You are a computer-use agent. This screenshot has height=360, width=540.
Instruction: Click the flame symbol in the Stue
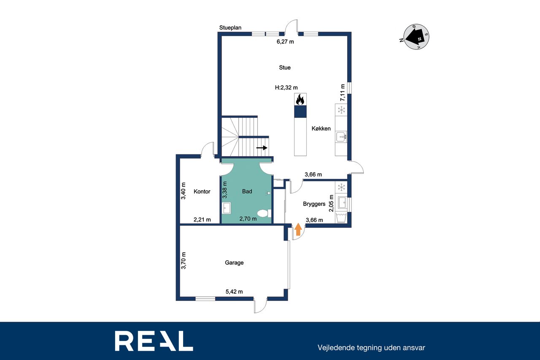click(x=300, y=100)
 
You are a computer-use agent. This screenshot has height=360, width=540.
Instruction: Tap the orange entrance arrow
click(x=298, y=229)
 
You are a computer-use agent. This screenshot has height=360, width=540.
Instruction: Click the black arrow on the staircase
click(x=262, y=148)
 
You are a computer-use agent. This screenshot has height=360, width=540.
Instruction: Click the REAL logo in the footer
click(x=154, y=341)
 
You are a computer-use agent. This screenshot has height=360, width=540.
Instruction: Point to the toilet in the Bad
click(x=264, y=213)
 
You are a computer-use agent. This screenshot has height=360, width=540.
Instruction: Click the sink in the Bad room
click(x=227, y=208)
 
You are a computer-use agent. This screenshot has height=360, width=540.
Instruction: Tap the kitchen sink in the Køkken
click(x=341, y=137)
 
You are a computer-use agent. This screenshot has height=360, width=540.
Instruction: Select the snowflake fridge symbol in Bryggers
click(x=341, y=187)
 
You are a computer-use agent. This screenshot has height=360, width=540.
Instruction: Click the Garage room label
click(x=234, y=263)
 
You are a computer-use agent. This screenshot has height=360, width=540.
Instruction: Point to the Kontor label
click(x=202, y=192)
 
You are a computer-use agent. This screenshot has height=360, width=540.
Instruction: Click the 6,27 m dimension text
click(x=285, y=42)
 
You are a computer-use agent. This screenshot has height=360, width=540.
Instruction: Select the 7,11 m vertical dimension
click(x=342, y=92)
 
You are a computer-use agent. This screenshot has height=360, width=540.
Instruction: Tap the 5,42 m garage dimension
click(x=234, y=292)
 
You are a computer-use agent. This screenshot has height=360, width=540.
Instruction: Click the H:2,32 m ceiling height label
click(x=286, y=87)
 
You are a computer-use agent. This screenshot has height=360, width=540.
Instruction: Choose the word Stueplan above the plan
click(x=230, y=28)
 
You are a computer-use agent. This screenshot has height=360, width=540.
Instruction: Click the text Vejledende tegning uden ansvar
click(x=371, y=348)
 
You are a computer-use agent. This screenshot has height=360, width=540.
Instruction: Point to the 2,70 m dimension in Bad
click(x=248, y=219)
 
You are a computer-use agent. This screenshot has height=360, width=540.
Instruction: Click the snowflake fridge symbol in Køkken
click(x=341, y=110)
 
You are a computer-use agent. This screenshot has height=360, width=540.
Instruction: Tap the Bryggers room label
click(x=314, y=204)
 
